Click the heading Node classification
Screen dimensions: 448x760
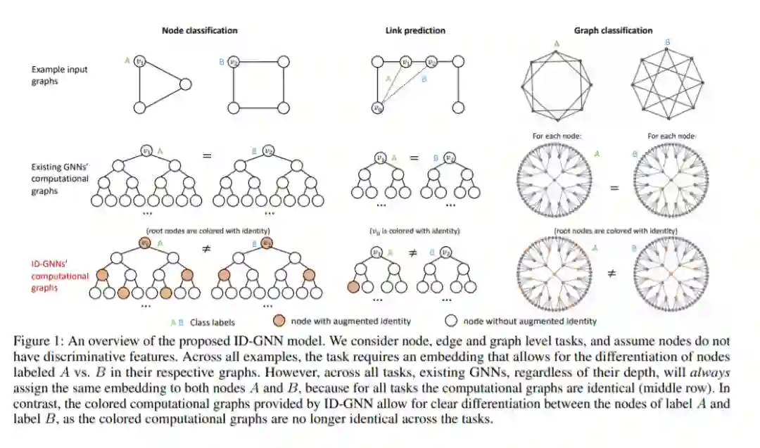click(x=200, y=30)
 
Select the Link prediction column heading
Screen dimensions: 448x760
click(x=414, y=30)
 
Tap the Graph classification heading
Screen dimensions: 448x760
click(x=613, y=30)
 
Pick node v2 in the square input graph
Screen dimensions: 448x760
click(x=237, y=62)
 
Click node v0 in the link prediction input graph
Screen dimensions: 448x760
click(x=379, y=108)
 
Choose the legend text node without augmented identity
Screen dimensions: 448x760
click(x=530, y=321)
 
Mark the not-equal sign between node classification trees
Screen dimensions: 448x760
click(x=206, y=249)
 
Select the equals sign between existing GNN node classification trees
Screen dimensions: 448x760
click(x=206, y=154)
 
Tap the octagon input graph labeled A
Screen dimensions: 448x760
click(x=557, y=85)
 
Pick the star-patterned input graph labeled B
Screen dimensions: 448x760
click(x=668, y=84)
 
